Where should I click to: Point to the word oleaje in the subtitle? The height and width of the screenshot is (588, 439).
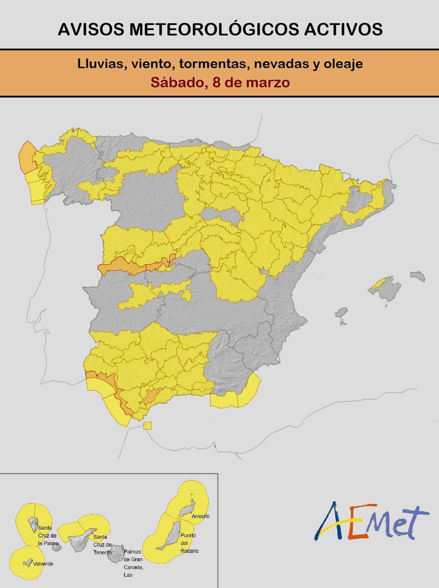pos(343,64)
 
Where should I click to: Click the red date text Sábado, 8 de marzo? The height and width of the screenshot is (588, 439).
pos(220,82)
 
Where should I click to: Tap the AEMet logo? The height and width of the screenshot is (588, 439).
pos(371,521)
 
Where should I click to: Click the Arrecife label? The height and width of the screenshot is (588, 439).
pos(200,516)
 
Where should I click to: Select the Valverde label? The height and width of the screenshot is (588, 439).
pos(43,564)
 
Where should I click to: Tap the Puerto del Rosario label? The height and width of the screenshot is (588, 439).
pos(189,543)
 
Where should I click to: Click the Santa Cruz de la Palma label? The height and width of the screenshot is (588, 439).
pos(48,535)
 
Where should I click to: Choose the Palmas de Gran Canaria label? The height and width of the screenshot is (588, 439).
pos(133,563)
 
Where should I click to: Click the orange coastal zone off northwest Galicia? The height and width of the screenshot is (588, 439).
pos(26,158)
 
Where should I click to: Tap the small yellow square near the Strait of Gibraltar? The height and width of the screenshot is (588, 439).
pos(147,425)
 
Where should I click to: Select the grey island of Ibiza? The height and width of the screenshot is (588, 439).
pos(341,313)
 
